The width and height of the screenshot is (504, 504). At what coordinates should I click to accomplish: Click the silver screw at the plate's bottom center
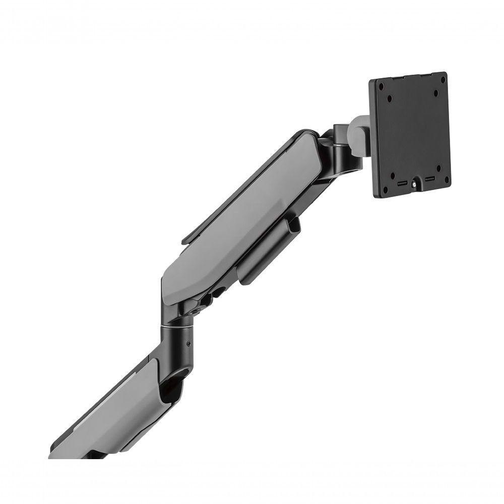click(x=414, y=184)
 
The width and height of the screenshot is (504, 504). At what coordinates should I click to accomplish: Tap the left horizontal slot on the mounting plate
click(x=402, y=182)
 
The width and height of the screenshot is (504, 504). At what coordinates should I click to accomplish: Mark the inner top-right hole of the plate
click(x=436, y=93)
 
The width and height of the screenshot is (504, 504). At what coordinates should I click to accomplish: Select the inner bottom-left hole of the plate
click(x=393, y=176)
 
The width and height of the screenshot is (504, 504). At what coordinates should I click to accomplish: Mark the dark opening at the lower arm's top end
click(x=171, y=386)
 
